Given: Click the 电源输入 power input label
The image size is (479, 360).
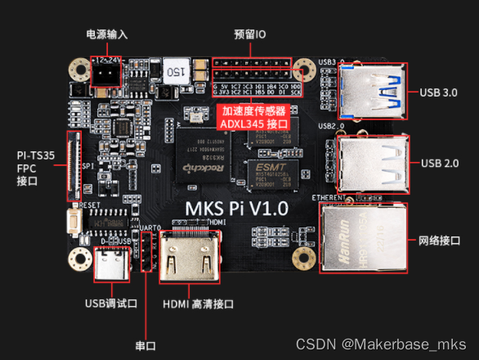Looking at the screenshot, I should pyautogui.click(x=107, y=34).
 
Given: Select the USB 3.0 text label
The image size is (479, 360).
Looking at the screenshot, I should pyautogui.click(x=440, y=92).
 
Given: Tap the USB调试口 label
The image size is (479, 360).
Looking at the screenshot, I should pyautogui.click(x=111, y=304).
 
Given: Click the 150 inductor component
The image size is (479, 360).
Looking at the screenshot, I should pyautogui.click(x=174, y=70).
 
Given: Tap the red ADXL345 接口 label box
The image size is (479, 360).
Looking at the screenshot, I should pyautogui.click(x=254, y=117).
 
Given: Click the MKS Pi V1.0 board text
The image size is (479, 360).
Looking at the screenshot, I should pyautogui.click(x=237, y=209).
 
